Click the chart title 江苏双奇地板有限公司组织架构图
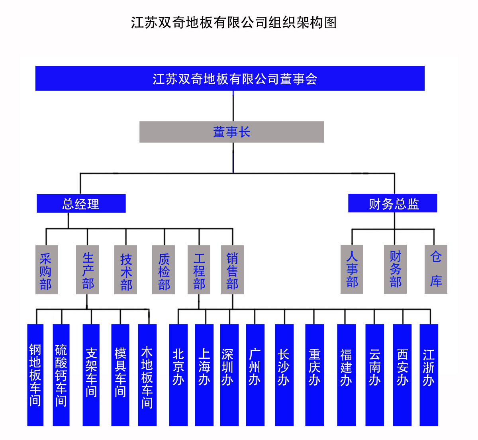point(234,23)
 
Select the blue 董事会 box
point(230,79)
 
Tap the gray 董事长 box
point(231,132)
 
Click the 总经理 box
point(81,204)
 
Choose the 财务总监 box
point(393,203)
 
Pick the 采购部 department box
point(47,270)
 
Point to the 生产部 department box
point(88,270)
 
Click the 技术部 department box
point(126,270)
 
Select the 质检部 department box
point(164,270)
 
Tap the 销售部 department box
point(232,270)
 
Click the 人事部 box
point(352,269)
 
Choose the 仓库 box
point(436,269)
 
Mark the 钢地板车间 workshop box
point(35,375)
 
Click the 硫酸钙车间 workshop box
point(61,375)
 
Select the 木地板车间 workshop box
point(147,375)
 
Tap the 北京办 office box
point(178,375)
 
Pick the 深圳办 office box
point(229,375)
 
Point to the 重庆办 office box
point(314,375)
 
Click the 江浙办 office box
point(429,375)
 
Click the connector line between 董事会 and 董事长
point(233,106)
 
